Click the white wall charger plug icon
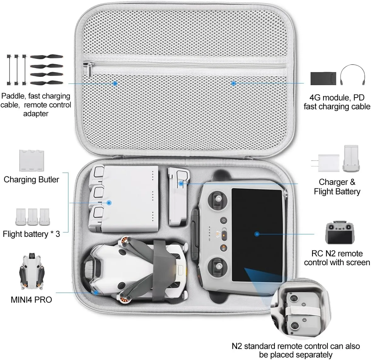click(328, 163)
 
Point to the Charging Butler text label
click(31, 180)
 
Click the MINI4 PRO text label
click(31, 299)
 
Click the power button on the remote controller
click(223, 220)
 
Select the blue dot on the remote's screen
click(257, 234)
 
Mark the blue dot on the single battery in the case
click(181, 183)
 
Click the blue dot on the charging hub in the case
click(109, 203)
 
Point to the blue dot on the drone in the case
click(96, 292)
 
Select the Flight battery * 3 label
click(31, 234)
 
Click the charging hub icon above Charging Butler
click(31, 160)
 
